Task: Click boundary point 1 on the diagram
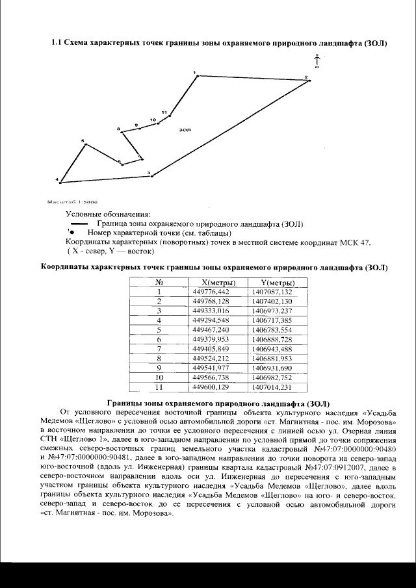(198, 76)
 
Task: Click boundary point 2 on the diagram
(309, 81)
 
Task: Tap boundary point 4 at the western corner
(60, 181)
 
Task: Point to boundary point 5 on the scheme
(85, 144)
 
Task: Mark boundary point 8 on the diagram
(122, 132)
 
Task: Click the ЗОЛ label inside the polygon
(184, 130)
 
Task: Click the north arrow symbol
(316, 60)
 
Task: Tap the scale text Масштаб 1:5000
(71, 201)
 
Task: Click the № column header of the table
(159, 283)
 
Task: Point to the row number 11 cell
(159, 387)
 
